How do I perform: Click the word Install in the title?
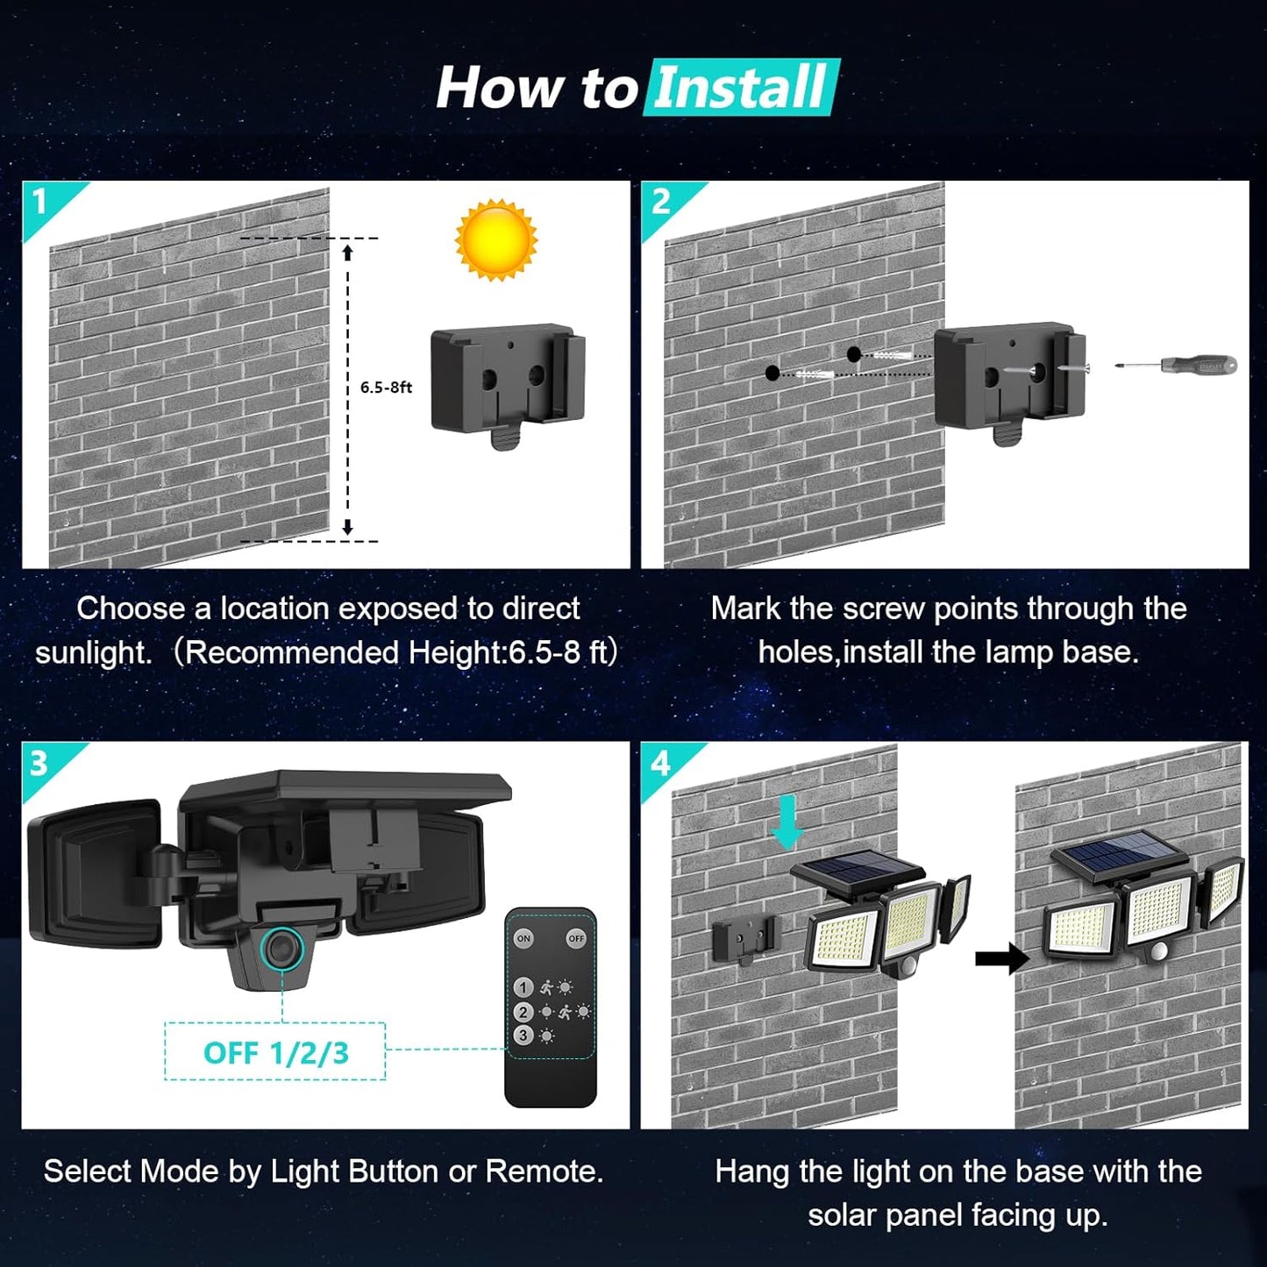(x=741, y=88)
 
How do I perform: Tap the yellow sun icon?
(x=495, y=239)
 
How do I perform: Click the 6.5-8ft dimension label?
(x=386, y=388)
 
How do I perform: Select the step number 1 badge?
(x=40, y=202)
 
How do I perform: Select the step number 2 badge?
(x=660, y=202)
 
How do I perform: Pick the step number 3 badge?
(x=39, y=763)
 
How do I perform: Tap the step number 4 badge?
(x=659, y=763)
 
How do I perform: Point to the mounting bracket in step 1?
(x=508, y=381)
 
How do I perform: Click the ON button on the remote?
(x=523, y=938)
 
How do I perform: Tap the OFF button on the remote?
(x=576, y=938)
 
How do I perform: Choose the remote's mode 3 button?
(x=523, y=1036)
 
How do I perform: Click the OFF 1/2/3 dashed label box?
(x=275, y=1051)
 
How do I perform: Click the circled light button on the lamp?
(x=282, y=950)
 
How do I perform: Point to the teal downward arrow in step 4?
(x=787, y=822)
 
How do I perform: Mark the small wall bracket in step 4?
(x=744, y=940)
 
